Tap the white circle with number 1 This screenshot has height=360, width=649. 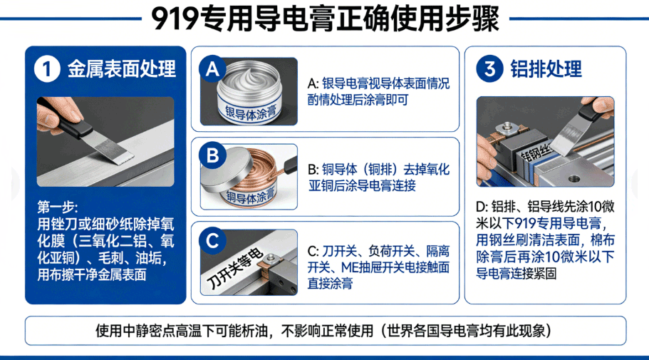47,68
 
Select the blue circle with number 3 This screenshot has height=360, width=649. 489,68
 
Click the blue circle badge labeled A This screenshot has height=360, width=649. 212,68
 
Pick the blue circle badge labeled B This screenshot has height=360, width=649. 212,155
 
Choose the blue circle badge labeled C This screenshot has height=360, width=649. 212,241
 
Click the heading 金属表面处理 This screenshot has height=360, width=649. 122,68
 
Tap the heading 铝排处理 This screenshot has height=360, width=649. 546,68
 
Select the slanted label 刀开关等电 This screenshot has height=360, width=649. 234,269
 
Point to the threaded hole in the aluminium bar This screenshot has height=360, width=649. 573,179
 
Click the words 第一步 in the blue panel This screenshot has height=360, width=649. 57,207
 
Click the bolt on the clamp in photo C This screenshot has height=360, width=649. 270,259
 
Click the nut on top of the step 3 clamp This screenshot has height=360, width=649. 505,128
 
